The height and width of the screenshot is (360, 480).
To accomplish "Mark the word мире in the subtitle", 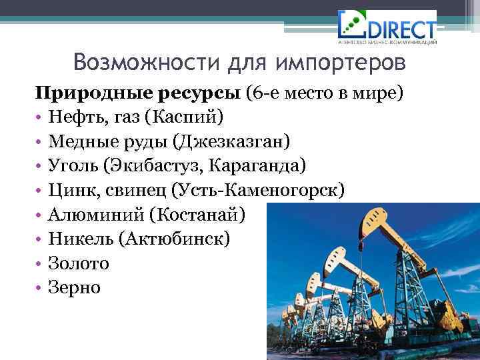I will coord(380,91).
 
